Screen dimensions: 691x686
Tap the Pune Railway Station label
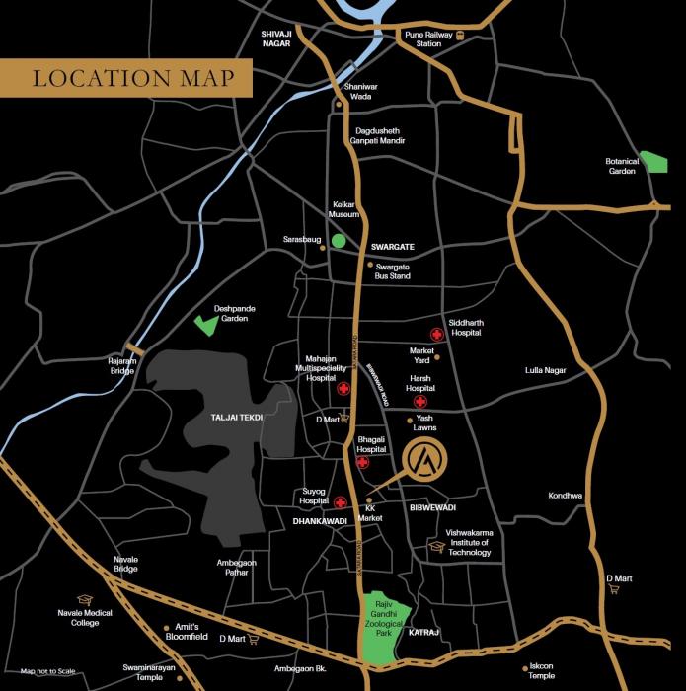pyautogui.click(x=428, y=38)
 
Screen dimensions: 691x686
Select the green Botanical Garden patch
pyautogui.click(x=653, y=162)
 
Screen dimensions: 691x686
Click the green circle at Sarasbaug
pyautogui.click(x=339, y=240)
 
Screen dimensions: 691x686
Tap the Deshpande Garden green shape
pyautogui.click(x=207, y=323)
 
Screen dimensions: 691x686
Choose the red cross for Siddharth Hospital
pyautogui.click(x=434, y=334)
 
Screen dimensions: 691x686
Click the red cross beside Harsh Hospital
pyautogui.click(x=419, y=402)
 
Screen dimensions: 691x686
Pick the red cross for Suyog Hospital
pyautogui.click(x=340, y=501)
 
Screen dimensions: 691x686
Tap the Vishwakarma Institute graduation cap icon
pyautogui.click(x=436, y=546)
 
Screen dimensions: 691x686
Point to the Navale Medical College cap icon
pyautogui.click(x=84, y=599)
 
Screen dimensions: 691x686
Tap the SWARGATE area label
pyautogui.click(x=391, y=246)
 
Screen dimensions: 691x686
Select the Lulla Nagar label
pyautogui.click(x=545, y=370)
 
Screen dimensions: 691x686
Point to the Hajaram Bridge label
pyautogui.click(x=121, y=365)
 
